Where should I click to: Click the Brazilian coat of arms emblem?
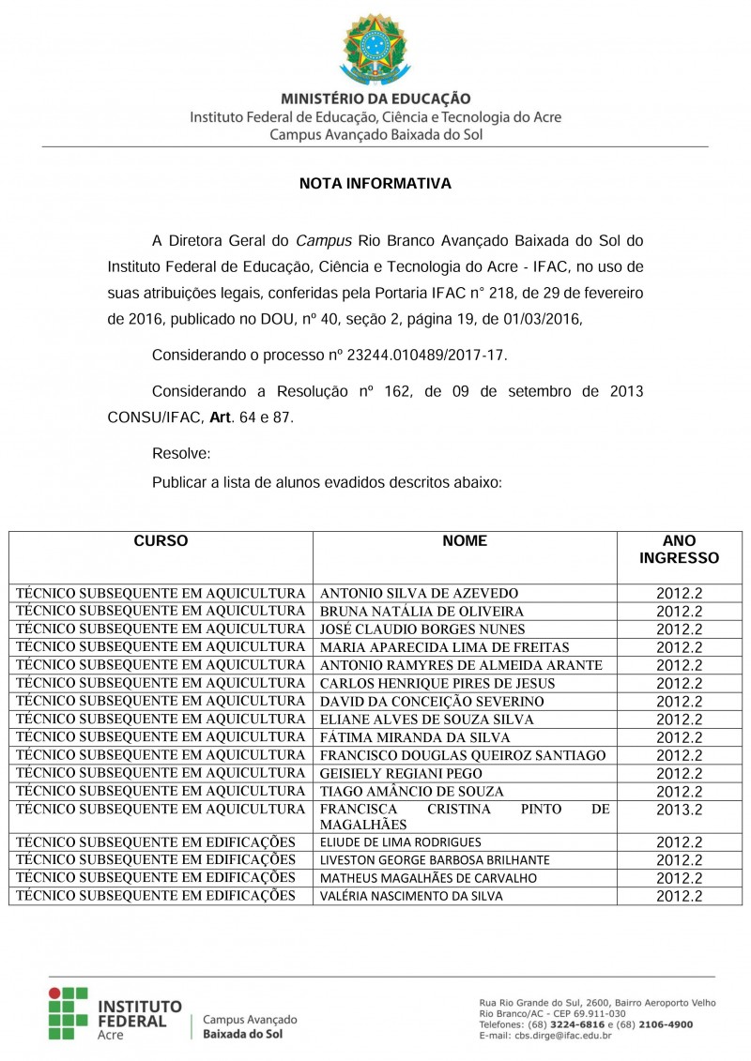tap(375, 48)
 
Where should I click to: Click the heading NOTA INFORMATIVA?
tap(375, 184)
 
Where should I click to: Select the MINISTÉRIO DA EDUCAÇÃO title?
tap(375, 99)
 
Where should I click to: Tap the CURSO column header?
tap(161, 541)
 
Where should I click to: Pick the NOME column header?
tap(465, 541)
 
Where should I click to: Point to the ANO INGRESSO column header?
tap(679, 550)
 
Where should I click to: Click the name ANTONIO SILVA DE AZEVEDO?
tap(419, 594)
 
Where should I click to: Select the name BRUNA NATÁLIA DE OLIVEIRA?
tap(421, 612)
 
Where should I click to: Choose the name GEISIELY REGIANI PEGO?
tap(401, 773)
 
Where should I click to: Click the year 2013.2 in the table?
tap(679, 810)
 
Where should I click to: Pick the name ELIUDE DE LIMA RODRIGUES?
tap(401, 842)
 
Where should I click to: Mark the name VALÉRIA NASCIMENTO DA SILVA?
tap(411, 896)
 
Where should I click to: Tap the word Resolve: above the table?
tap(181, 454)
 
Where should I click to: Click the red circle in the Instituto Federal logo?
tap(55, 992)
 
